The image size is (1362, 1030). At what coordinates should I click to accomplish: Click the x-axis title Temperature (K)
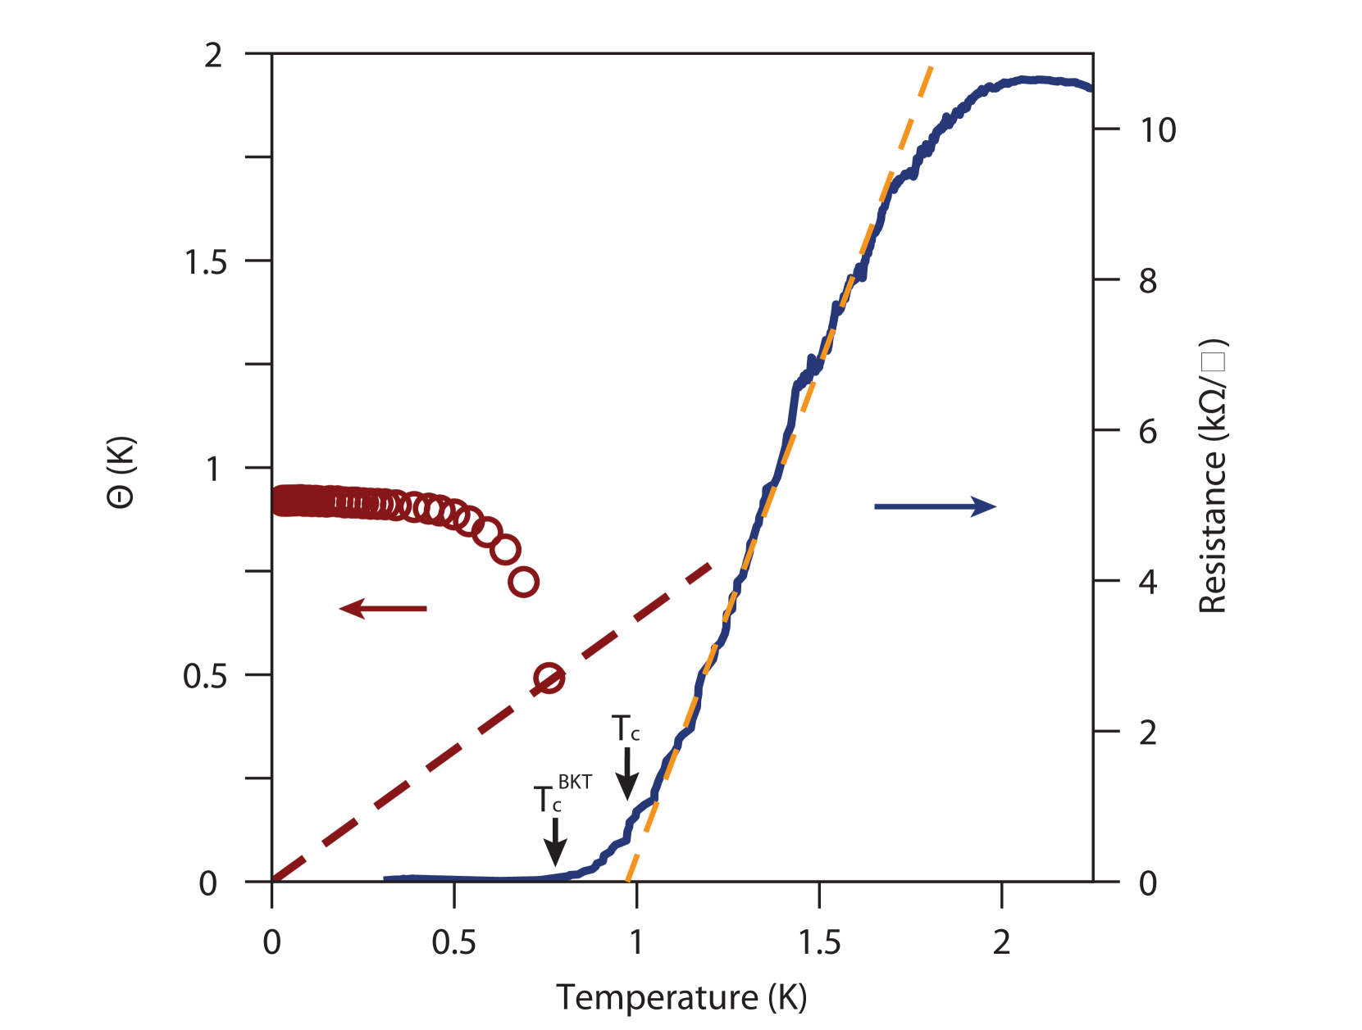pos(681,997)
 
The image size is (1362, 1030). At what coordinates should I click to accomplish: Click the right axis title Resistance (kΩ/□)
pos(1212,475)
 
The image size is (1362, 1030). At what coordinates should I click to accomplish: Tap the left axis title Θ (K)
pos(121,472)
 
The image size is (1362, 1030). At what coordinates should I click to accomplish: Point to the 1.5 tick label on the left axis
pos(204,263)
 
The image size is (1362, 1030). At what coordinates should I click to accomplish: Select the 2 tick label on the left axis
pos(212,56)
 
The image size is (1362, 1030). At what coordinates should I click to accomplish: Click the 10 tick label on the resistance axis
pos(1157,130)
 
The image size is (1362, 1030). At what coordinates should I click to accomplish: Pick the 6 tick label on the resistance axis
pos(1148,431)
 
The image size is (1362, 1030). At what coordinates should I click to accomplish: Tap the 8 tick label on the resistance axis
pos(1148,281)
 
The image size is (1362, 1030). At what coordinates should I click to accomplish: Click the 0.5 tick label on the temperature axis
pos(453,943)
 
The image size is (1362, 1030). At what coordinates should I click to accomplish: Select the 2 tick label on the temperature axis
pos(1001,943)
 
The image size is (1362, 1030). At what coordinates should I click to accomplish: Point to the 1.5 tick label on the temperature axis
pos(819,943)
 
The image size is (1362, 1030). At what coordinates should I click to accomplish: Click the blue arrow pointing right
pos(935,506)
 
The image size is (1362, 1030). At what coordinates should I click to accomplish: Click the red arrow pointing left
pos(383,609)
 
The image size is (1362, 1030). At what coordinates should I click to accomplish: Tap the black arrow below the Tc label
pos(627,774)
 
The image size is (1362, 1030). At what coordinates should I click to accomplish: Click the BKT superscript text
pos(575,782)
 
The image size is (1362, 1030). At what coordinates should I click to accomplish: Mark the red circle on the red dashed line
pos(549,678)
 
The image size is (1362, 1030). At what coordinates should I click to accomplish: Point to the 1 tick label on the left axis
pos(212,469)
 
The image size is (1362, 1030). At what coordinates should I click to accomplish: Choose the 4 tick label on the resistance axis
pos(1148,582)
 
